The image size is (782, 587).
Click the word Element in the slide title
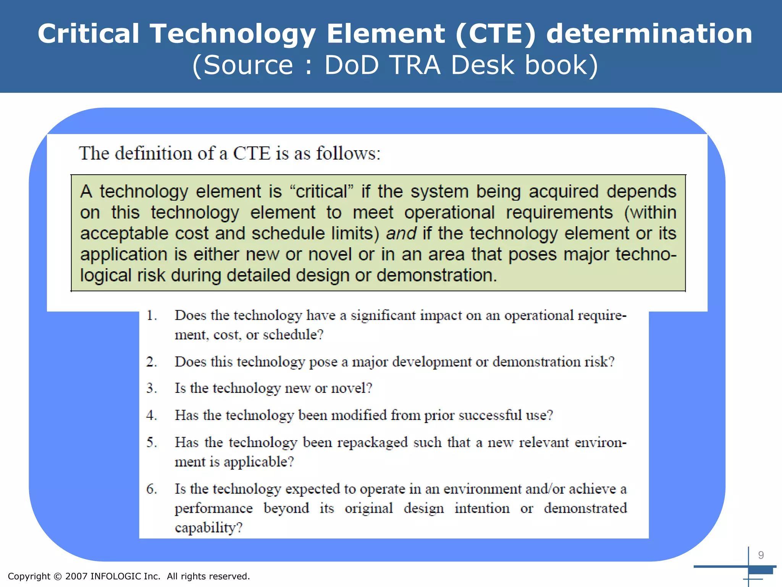[x=386, y=34]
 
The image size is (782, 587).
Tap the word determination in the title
[x=649, y=34]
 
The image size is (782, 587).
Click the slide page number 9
[x=761, y=555]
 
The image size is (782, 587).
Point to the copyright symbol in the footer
[x=58, y=576]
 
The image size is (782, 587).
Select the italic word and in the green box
[x=401, y=234]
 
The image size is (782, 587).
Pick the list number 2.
[x=152, y=362]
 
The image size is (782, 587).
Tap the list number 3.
[x=152, y=388]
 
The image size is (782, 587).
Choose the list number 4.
[x=152, y=415]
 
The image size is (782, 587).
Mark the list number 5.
[x=152, y=443]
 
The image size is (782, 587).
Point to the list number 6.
[x=152, y=489]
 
